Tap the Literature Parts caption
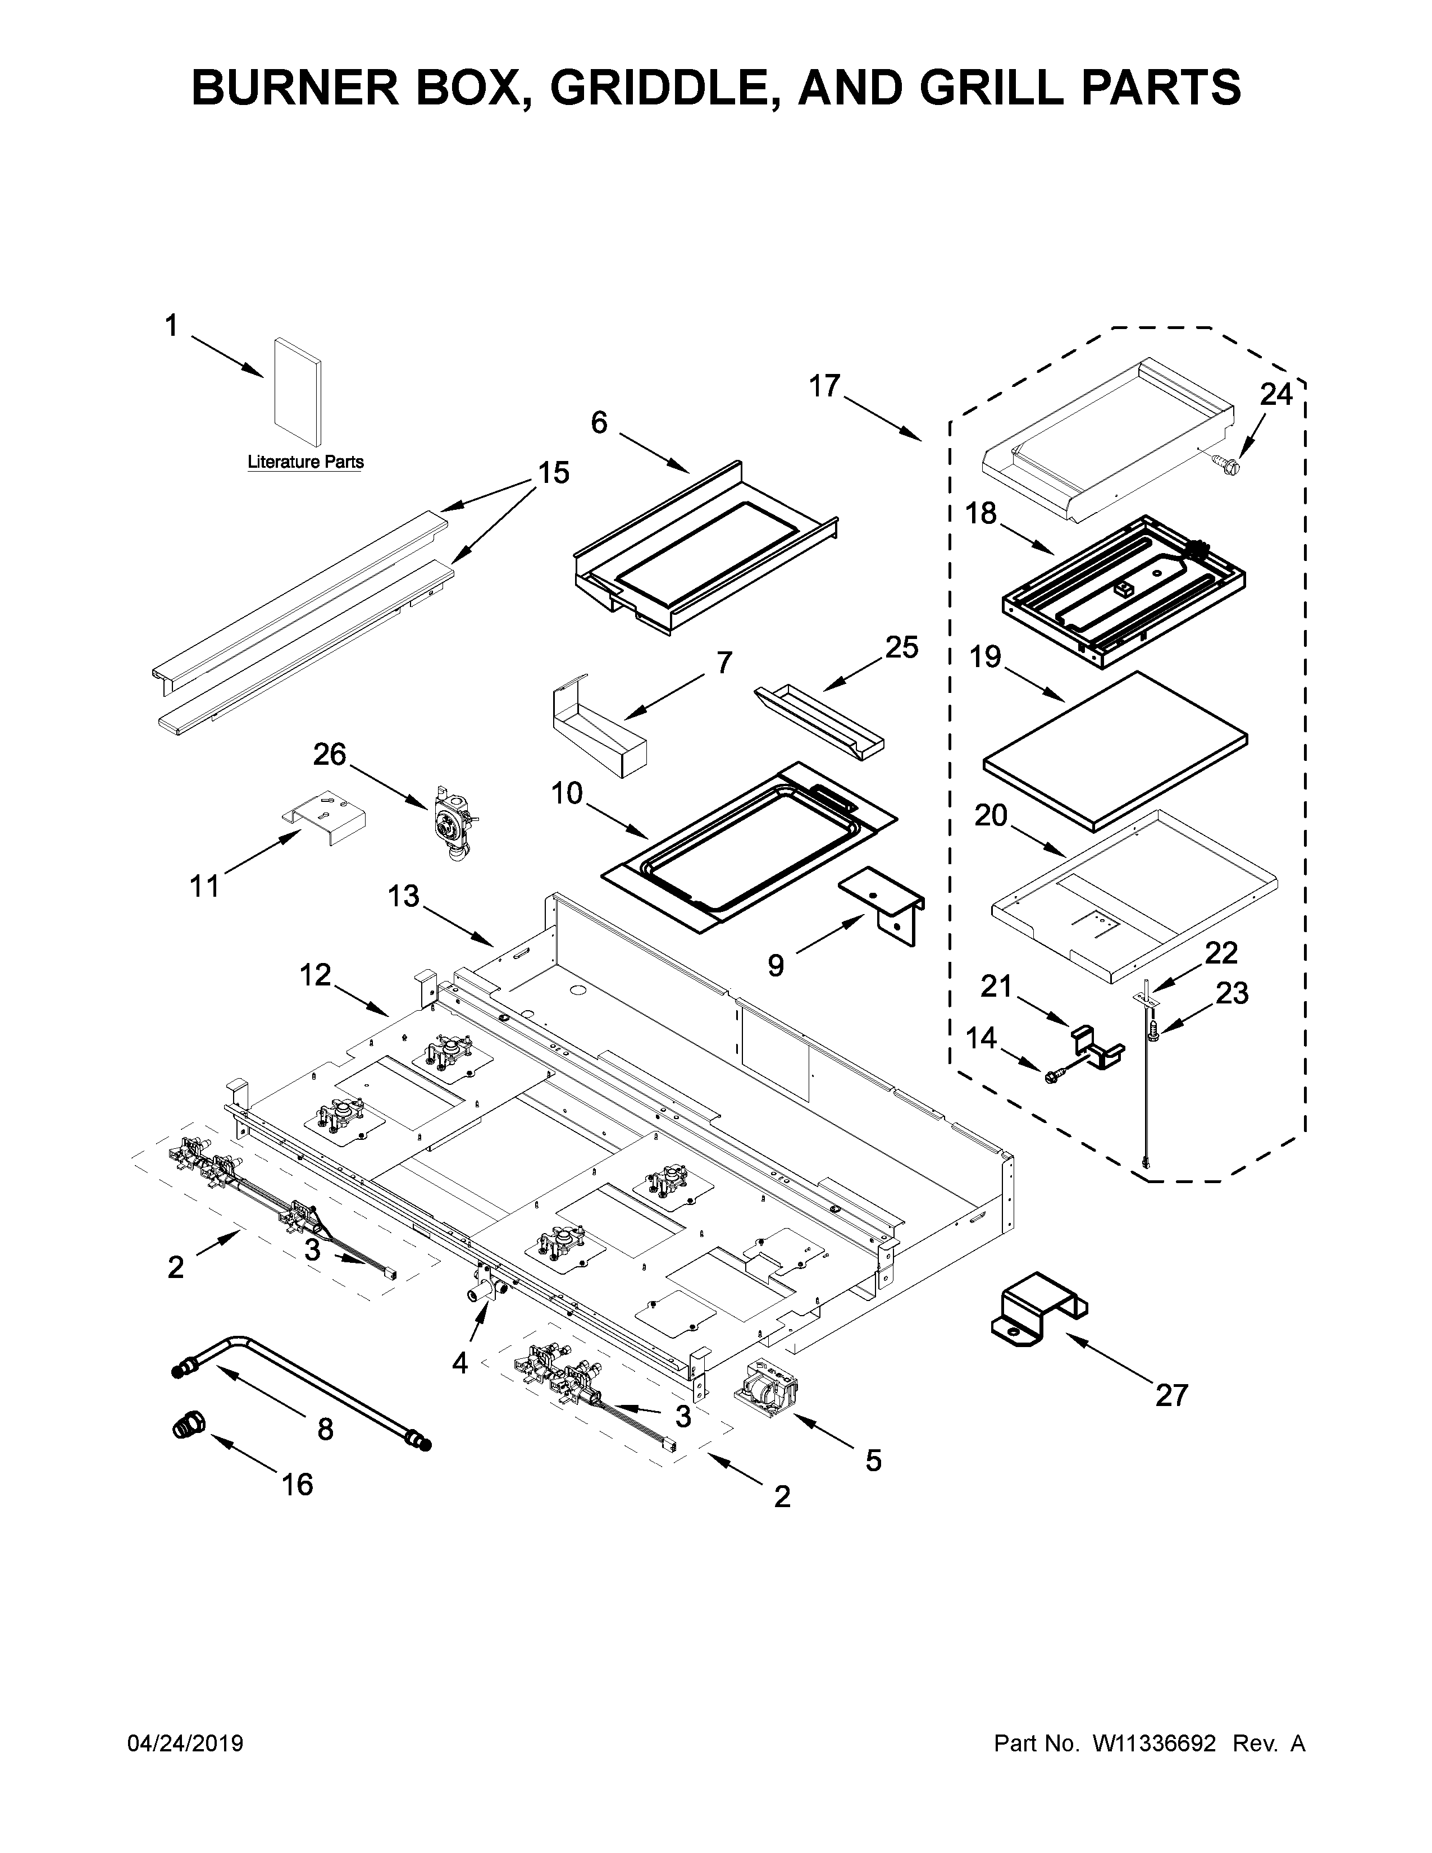point(305,462)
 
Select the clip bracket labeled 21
point(1098,1047)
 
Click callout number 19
point(986,657)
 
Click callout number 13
point(404,895)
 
